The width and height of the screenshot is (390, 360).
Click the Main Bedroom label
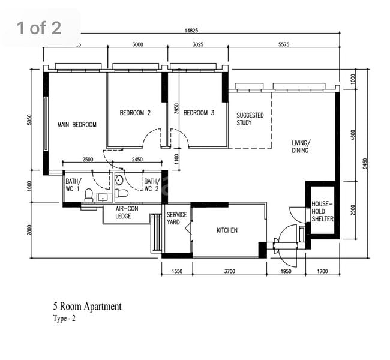(77, 125)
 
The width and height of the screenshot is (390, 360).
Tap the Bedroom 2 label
(135, 113)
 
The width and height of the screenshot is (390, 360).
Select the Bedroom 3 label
(199, 113)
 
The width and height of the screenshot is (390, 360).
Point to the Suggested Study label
(250, 119)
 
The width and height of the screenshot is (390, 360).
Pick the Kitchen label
(227, 230)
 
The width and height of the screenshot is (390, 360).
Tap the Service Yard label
(177, 218)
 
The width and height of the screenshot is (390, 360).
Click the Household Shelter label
(322, 211)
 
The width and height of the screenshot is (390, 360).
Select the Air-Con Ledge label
(127, 212)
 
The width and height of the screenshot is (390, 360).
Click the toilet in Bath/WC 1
(89, 196)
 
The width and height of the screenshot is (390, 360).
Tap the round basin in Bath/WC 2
(119, 180)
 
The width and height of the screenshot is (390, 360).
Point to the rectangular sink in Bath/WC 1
(102, 197)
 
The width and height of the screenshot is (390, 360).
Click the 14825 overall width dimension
(191, 31)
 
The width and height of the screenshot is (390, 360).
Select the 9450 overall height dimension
(365, 163)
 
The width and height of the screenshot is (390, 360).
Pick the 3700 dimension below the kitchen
(230, 271)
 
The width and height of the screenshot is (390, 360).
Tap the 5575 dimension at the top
(284, 44)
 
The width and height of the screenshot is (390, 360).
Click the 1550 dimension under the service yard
(177, 271)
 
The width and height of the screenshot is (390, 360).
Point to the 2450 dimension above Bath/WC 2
(137, 160)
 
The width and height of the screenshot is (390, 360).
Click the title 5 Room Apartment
(88, 307)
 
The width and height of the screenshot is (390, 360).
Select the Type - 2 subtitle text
(64, 319)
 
